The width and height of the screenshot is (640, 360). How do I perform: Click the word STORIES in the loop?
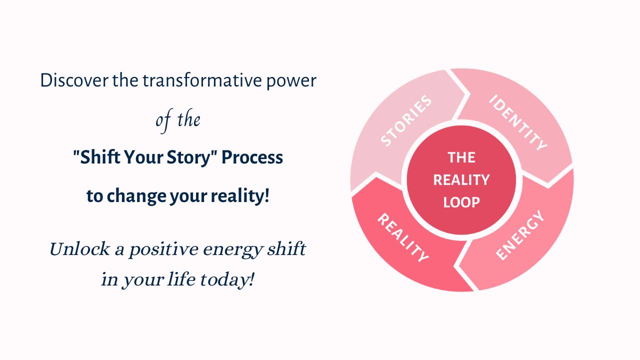406,121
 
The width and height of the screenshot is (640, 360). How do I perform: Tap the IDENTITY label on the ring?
518,122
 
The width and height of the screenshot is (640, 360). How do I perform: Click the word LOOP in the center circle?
461,202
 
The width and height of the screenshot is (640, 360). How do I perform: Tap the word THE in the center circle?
461,158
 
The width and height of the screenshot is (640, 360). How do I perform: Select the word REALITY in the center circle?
461,180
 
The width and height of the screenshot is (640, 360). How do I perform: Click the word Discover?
74,80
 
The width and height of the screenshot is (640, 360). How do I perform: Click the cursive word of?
162,120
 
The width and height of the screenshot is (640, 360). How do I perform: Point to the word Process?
252,158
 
